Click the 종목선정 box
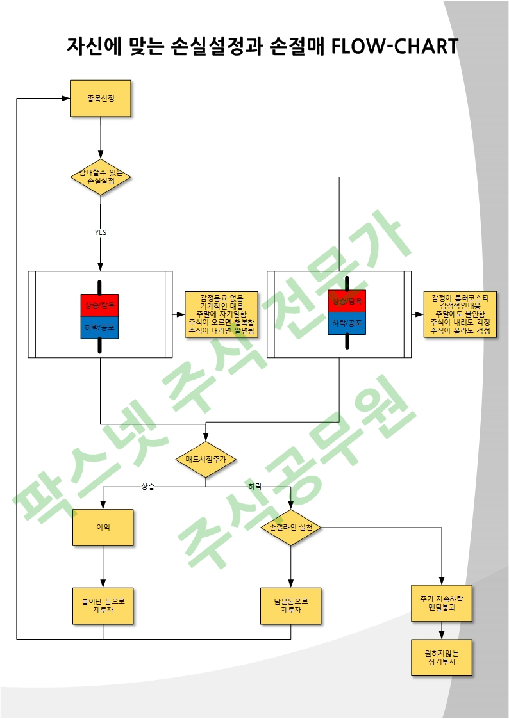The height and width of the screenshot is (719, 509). pyautogui.click(x=100, y=98)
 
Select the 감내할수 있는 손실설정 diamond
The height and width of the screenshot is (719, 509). pyautogui.click(x=101, y=177)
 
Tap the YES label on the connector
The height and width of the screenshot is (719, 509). pyautogui.click(x=101, y=232)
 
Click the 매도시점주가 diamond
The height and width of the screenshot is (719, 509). pyautogui.click(x=206, y=459)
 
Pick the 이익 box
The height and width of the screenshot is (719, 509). pyautogui.click(x=103, y=527)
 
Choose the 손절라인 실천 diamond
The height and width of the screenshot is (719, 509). pyautogui.click(x=291, y=528)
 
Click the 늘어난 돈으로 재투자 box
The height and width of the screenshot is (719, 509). pyautogui.click(x=103, y=606)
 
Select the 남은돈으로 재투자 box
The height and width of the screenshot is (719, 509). pyautogui.click(x=290, y=606)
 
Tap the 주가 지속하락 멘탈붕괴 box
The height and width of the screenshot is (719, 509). pyautogui.click(x=442, y=602)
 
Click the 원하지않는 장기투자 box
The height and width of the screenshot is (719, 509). pyautogui.click(x=442, y=657)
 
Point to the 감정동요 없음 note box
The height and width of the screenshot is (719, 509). pyautogui.click(x=221, y=314)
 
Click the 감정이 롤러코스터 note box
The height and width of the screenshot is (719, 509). pyautogui.click(x=460, y=314)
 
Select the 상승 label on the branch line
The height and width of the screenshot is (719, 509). pyautogui.click(x=148, y=487)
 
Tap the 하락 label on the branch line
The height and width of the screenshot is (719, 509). pyautogui.click(x=255, y=487)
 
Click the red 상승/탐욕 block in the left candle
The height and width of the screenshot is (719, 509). pyautogui.click(x=99, y=305)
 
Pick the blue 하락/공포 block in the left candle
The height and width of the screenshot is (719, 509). pyautogui.click(x=99, y=327)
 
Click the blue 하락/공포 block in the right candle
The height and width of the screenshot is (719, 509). pyautogui.click(x=347, y=323)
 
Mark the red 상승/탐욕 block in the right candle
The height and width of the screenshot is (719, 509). pyautogui.click(x=347, y=301)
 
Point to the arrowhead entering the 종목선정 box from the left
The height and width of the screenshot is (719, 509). pyautogui.click(x=66, y=98)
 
